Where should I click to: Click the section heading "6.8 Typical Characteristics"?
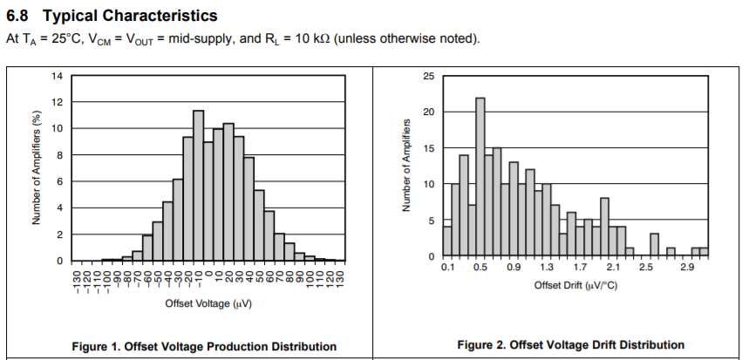(x=112, y=17)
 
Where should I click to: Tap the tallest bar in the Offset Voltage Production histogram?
(x=198, y=186)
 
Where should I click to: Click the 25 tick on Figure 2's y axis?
(x=428, y=76)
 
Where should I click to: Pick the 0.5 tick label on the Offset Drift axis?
(x=480, y=268)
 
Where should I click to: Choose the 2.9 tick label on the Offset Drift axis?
(x=687, y=268)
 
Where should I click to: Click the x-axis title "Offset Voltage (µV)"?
(x=208, y=303)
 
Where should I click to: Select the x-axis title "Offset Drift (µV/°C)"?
(x=575, y=286)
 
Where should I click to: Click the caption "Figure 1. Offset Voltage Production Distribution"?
(x=203, y=346)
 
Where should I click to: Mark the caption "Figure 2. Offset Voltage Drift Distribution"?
(x=571, y=345)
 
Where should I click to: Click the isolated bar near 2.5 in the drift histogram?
(x=654, y=245)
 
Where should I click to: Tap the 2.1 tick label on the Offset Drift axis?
(x=613, y=268)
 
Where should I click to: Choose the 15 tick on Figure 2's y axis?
(x=428, y=148)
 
